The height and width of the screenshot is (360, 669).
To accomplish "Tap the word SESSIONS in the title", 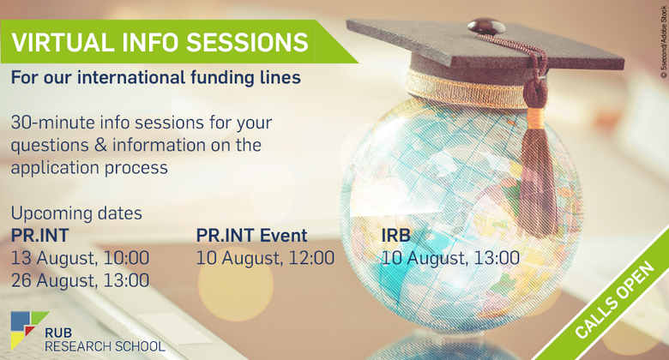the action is tap(247, 42).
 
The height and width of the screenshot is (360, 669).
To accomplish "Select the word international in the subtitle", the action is tap(131, 78).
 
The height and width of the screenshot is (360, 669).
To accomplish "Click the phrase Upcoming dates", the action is tap(76, 213).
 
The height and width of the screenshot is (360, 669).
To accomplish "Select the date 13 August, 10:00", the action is tap(81, 258).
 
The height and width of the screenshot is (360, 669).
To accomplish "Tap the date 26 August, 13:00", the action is tap(81, 280).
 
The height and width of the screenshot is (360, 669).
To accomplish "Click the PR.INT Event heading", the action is tap(251, 236).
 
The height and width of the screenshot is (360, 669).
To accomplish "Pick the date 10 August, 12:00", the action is tap(265, 258).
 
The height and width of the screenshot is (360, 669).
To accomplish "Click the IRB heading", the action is tap(396, 236).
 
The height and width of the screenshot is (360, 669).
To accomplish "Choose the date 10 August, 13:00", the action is tap(450, 258).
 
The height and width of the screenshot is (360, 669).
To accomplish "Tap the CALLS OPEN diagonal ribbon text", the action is tap(614, 300).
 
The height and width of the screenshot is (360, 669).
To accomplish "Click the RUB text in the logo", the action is tap(58, 333).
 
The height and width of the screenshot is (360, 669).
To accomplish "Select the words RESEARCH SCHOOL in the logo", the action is tap(105, 346).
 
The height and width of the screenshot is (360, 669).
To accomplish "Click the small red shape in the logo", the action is tap(29, 330).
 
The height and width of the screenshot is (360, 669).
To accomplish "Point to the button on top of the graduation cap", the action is tap(486, 26).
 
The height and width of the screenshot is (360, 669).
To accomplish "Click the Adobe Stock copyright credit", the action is tap(664, 42).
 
